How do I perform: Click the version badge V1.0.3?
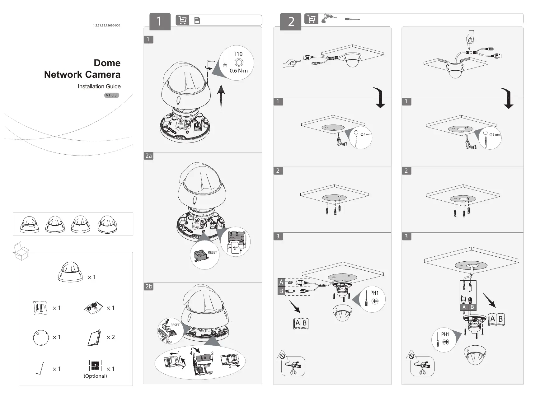coord(111,95)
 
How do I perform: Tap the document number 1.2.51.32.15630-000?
coord(106,26)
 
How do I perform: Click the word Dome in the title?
coord(107,63)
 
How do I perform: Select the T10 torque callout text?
coord(238,54)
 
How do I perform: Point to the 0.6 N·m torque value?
coord(239,71)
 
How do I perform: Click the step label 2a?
coord(149,156)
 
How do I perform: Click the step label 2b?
coord(149,286)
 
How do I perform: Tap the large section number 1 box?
coord(160,21)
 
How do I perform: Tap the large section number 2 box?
coord(291,21)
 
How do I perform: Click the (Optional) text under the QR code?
coord(95,376)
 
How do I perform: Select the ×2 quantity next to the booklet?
coord(110,337)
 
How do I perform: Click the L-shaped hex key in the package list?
coord(40,369)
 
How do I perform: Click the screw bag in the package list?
coord(40,308)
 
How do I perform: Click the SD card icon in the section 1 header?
coord(197,21)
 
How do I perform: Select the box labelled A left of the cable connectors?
coord(281,282)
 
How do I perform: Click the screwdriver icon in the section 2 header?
coord(352,19)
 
